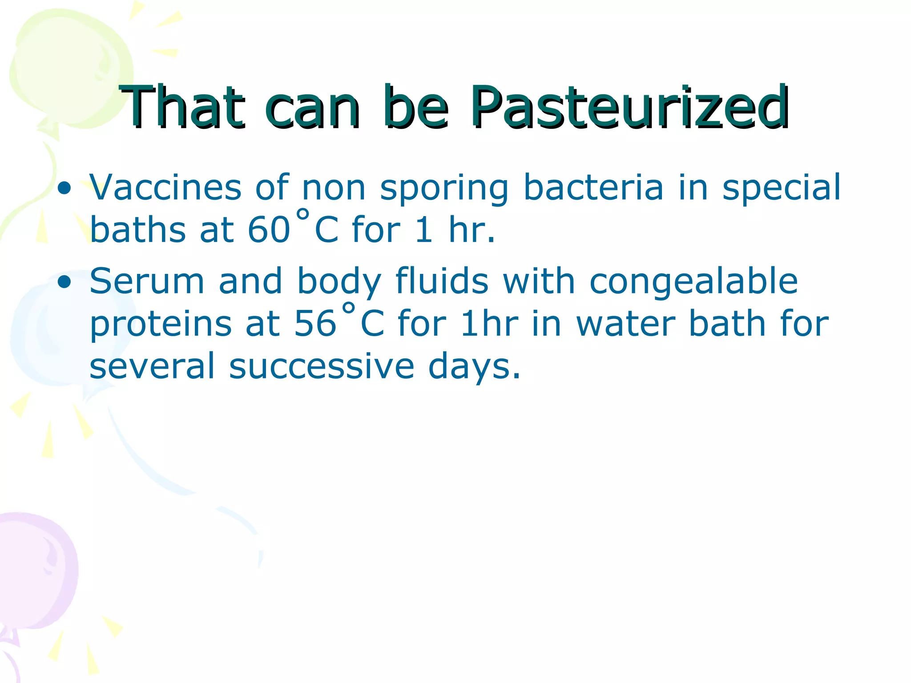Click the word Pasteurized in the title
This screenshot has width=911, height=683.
(629, 108)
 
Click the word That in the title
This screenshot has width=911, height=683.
(182, 108)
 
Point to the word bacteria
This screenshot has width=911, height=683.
(593, 188)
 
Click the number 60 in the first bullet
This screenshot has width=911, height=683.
(269, 230)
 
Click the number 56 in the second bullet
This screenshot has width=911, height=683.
(315, 324)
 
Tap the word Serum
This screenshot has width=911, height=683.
(147, 281)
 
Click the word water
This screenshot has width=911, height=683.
(625, 324)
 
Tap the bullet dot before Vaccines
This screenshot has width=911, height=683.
(64, 189)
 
